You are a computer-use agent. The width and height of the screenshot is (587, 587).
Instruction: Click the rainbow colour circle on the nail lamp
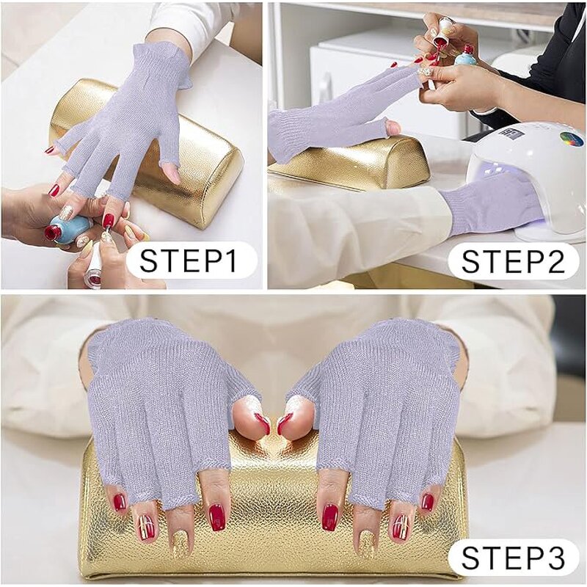click(x=571, y=139)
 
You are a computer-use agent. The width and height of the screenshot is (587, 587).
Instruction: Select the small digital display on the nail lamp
click(x=508, y=133)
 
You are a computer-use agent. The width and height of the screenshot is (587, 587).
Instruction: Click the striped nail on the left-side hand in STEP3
click(x=146, y=525)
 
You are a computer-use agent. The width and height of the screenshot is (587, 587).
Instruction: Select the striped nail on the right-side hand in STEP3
click(x=401, y=526)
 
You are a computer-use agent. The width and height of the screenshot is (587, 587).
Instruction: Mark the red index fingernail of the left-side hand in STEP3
click(x=217, y=517)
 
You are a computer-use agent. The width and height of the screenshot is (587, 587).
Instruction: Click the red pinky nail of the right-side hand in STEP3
click(x=427, y=502)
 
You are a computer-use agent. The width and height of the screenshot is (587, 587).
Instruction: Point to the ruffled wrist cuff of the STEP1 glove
click(x=165, y=59)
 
